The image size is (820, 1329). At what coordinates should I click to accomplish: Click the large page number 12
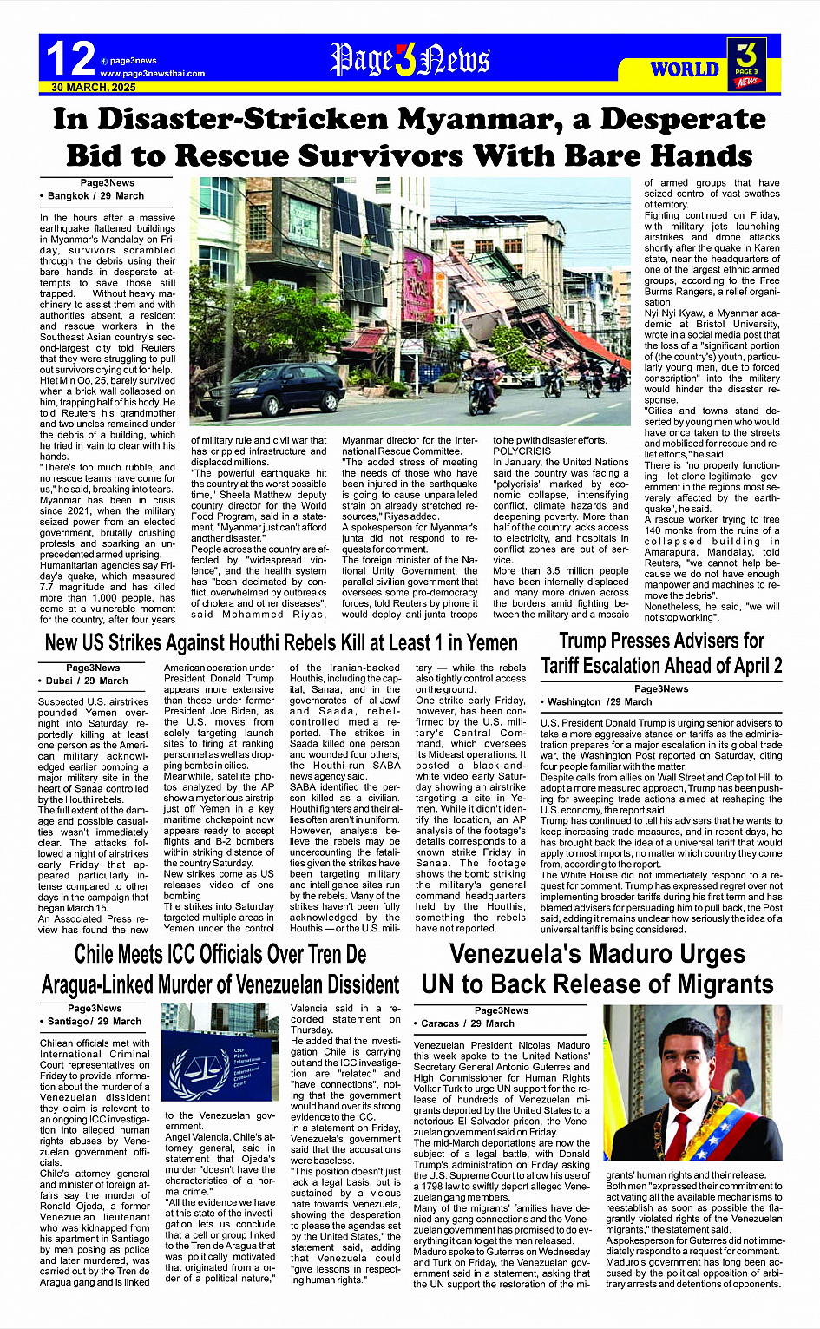coord(70,60)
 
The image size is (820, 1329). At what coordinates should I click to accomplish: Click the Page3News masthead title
coord(410,60)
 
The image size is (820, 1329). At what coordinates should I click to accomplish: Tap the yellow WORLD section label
coord(685,69)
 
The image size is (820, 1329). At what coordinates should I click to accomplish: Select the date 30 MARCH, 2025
coord(94,88)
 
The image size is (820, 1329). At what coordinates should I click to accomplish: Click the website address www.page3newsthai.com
coord(153,74)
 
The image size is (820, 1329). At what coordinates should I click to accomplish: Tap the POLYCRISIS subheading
coord(522,451)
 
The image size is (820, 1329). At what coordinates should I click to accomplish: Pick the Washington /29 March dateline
coord(600,701)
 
